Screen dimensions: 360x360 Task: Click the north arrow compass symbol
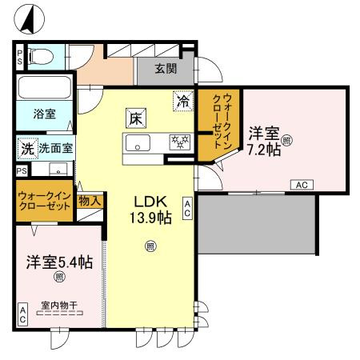click(x=29, y=19)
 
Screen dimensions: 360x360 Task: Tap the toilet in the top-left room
click(x=41, y=57)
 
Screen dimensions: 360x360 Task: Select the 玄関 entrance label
click(x=166, y=69)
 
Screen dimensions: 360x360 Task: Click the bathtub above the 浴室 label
click(x=45, y=87)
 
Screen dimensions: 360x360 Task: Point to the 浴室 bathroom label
click(x=45, y=114)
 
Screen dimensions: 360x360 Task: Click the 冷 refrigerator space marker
click(x=183, y=101)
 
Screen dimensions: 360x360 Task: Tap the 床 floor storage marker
click(x=136, y=118)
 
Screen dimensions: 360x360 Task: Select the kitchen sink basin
click(x=138, y=143)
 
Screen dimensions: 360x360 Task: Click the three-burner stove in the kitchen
click(x=180, y=142)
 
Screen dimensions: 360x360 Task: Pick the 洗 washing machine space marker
click(x=28, y=149)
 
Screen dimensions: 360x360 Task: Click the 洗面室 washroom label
click(x=56, y=148)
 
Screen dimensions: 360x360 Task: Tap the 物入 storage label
click(x=90, y=201)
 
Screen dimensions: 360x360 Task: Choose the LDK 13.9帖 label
click(x=150, y=210)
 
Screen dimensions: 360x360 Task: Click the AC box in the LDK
click(x=187, y=209)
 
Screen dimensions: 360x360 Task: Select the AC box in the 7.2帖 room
click(x=302, y=185)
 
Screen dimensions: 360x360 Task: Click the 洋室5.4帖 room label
click(x=59, y=262)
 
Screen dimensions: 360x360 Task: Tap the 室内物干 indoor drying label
click(x=59, y=306)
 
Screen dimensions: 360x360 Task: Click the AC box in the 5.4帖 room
click(x=23, y=314)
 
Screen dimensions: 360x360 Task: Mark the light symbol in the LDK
click(x=150, y=246)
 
